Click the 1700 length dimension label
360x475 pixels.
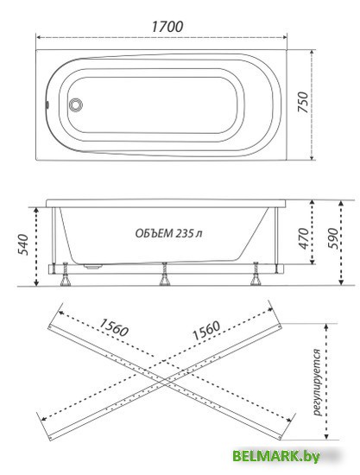[167, 27]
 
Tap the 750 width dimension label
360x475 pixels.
[303, 103]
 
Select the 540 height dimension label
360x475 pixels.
[23, 244]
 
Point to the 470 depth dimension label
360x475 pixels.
[303, 238]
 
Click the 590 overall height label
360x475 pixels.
[333, 238]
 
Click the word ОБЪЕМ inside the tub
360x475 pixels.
[154, 233]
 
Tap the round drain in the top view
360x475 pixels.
[75, 105]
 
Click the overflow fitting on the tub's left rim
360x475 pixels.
[47, 104]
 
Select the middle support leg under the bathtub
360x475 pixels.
[165, 274]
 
